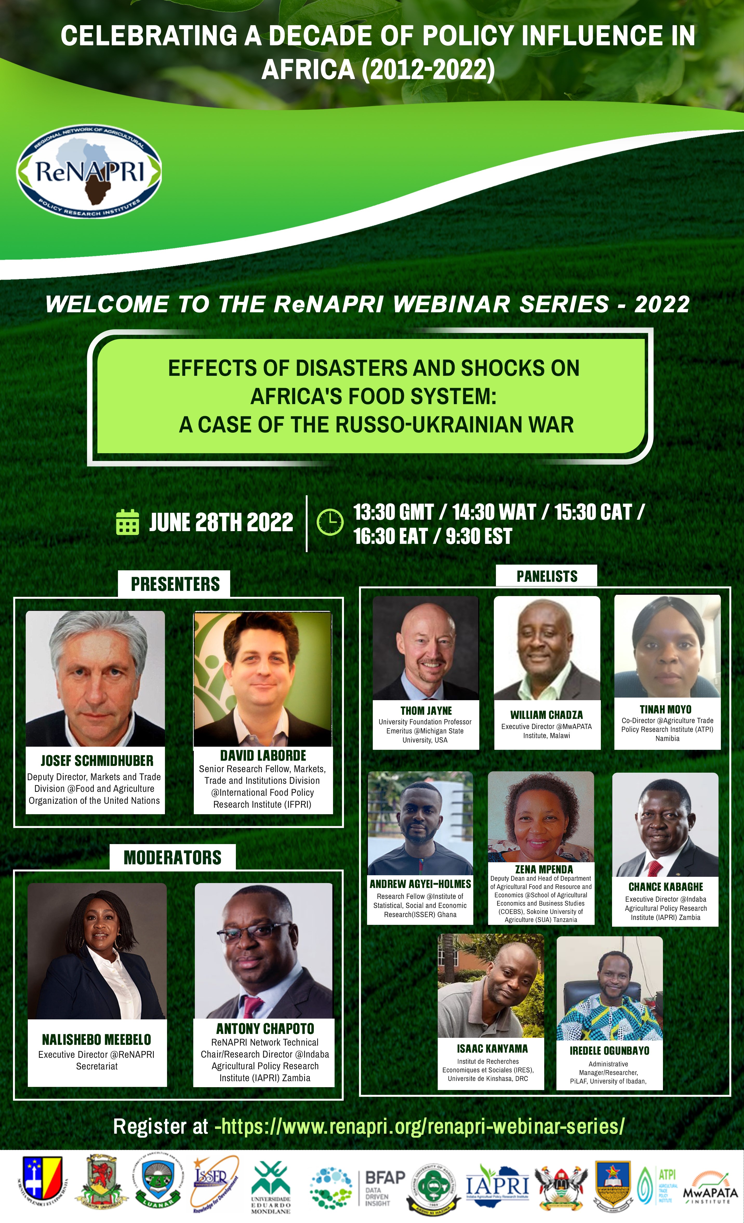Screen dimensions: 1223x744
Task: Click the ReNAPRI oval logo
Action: coord(89,172)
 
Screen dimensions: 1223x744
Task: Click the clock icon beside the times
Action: coord(330,522)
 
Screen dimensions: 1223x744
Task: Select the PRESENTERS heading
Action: coord(175,584)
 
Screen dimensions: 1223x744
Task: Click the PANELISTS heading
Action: coord(547,576)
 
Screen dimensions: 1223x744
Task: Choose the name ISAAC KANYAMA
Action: coord(492,1049)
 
